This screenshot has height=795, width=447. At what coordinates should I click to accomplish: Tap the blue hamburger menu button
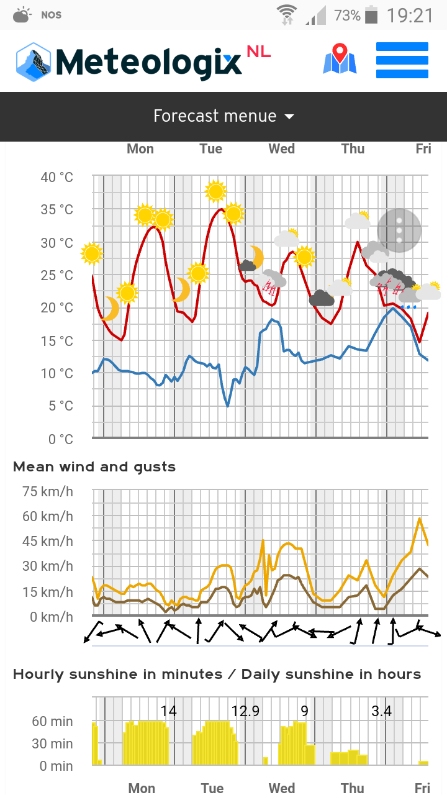point(402,60)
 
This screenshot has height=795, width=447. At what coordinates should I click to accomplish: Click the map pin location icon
point(340,58)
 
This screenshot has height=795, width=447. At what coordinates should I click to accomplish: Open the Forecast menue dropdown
point(223,116)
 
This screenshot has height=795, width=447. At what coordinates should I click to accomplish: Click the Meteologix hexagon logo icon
point(34,61)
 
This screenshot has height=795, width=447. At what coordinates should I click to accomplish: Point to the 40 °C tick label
point(56,177)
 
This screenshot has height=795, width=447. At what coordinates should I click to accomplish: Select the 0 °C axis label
point(61,439)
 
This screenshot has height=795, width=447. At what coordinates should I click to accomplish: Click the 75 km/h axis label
point(48,491)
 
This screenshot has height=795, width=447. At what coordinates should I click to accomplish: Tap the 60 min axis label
point(52,722)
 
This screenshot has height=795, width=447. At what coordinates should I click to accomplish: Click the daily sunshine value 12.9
point(245,711)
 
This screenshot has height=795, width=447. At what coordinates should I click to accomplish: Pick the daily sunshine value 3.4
point(381,711)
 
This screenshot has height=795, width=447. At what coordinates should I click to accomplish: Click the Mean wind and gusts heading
point(94,466)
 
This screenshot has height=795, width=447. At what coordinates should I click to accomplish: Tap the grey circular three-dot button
point(399,230)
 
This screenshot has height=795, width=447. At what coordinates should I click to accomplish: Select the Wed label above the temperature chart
point(282,148)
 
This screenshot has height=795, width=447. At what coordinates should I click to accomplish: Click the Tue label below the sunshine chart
point(212,788)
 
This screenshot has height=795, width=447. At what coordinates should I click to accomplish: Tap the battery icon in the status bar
point(371,15)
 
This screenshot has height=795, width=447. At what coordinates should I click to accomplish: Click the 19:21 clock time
point(410,16)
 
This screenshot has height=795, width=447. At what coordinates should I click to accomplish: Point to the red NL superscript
point(259,52)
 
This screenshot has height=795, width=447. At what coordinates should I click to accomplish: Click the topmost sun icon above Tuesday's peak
point(215,191)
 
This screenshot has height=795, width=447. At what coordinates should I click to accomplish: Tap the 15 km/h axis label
point(48,592)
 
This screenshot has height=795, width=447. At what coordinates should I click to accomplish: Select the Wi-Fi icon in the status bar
point(287,15)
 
